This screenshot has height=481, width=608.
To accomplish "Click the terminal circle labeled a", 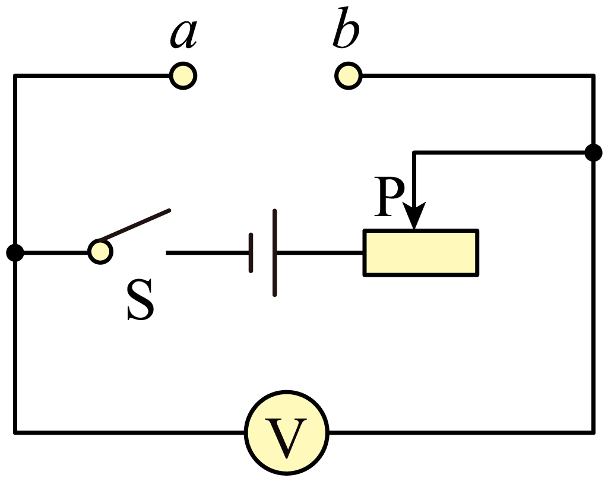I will [183, 76].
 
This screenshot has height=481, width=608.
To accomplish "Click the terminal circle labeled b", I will [348, 76].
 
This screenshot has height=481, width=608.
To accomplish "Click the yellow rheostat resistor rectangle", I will [421, 252].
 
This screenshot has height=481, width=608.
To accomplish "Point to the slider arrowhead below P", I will [414, 217].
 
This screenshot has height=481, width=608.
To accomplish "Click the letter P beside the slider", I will [389, 197].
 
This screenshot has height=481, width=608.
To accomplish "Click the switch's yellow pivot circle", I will [100, 251].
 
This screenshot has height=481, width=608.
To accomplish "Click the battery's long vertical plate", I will [275, 252].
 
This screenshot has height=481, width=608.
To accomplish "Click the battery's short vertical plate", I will [252, 252].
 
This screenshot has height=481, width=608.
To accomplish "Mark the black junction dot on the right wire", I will [593, 153].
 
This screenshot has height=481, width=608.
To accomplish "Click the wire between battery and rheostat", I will [321, 252].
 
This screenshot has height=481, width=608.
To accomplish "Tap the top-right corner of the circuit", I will [593, 76].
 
